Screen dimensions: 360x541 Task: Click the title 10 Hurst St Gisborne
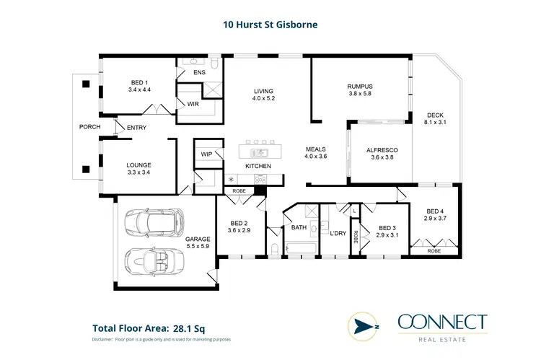pyautogui.click(x=270, y=25)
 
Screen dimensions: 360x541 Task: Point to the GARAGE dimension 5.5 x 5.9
pyautogui.click(x=197, y=247)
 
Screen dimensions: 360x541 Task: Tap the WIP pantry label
pyautogui.click(x=206, y=154)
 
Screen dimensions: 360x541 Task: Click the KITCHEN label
pyautogui.click(x=258, y=167)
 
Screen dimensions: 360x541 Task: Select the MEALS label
pyautogui.click(x=316, y=149)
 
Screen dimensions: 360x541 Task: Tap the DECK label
pyautogui.click(x=436, y=115)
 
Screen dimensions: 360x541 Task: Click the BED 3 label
pyautogui.click(x=388, y=227)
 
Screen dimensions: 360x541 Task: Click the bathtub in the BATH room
pyautogui.click(x=301, y=250)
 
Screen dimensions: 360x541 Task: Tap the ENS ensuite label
pyautogui.click(x=200, y=73)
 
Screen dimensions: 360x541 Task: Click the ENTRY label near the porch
pyautogui.click(x=136, y=128)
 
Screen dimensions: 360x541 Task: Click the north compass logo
pyautogui.click(x=363, y=325)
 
